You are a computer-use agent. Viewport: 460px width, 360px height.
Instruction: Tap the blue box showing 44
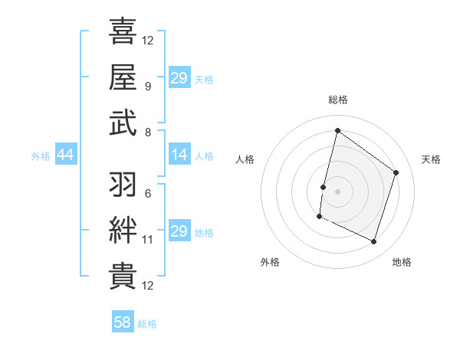click(x=65, y=155)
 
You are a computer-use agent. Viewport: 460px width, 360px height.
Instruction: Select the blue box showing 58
click(x=123, y=323)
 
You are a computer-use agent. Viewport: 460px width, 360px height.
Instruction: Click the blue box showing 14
click(x=179, y=155)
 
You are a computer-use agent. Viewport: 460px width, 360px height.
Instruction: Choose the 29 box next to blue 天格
click(x=179, y=78)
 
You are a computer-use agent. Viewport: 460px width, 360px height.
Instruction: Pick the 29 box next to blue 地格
click(x=179, y=231)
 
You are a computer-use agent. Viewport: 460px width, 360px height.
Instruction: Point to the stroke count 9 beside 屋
click(x=147, y=86)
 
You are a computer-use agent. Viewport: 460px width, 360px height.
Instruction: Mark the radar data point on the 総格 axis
click(x=337, y=131)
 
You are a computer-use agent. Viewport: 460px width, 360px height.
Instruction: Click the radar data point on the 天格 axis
click(x=396, y=172)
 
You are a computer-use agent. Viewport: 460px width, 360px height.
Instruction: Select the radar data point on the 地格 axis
click(x=374, y=242)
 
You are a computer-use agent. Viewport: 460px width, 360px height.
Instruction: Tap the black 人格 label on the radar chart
click(x=245, y=159)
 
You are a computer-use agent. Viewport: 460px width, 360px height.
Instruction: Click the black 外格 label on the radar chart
click(x=270, y=262)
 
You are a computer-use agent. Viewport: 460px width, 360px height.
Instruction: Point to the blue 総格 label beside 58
click(x=147, y=324)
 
